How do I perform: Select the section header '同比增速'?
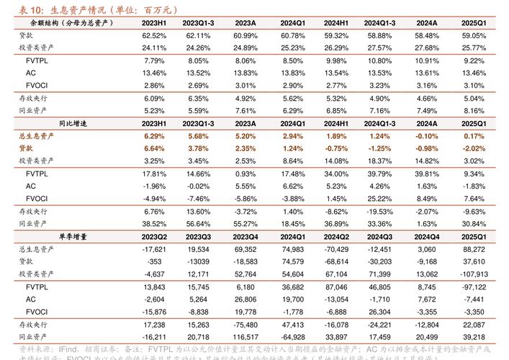pos(72,123)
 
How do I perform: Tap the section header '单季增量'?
pos(72,236)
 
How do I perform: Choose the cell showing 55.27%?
pos(246,224)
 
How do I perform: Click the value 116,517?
pos(246,336)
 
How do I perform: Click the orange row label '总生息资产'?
pos(33,136)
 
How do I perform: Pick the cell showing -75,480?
pos(246,325)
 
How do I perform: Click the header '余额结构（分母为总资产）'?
pos(72,23)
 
